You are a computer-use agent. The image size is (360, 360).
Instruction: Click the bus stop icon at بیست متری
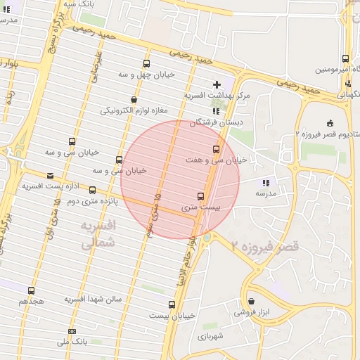[x=201, y=196]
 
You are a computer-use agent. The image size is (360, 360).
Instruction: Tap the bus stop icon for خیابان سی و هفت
[x=216, y=149]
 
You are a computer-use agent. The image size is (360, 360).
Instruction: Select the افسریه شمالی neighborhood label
[x=98, y=236]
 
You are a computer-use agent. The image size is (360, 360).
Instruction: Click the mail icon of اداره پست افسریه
[x=50, y=176]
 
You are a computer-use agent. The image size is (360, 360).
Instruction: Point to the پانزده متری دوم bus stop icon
[x=92, y=190]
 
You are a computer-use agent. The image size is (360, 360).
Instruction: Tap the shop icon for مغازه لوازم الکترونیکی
[x=134, y=99]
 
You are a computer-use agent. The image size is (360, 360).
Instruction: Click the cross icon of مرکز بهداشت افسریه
[x=217, y=84]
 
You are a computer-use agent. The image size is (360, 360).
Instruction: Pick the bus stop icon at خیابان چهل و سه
[x=146, y=63]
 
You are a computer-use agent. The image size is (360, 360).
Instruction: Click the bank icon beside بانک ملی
[x=72, y=331]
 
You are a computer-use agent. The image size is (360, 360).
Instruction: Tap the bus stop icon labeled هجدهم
[x=31, y=290]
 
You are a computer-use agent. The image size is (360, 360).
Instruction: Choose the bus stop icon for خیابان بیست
[x=172, y=304]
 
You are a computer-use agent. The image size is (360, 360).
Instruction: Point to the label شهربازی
[x=210, y=337]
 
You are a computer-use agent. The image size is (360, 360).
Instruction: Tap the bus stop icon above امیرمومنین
[x=345, y=59]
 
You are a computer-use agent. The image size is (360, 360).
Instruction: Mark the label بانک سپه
[x=79, y=4]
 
